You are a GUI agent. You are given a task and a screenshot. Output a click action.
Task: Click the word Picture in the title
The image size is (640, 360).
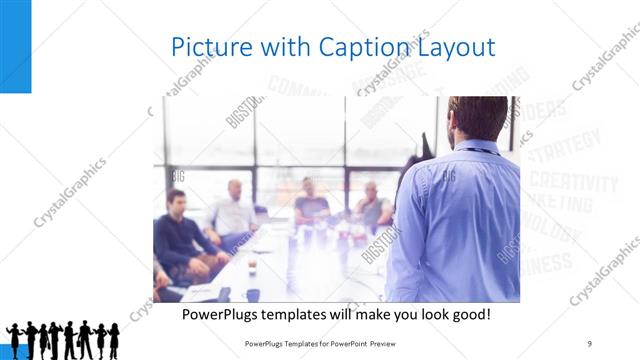207,47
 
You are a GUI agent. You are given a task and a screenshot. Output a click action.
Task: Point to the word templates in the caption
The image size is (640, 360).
312,314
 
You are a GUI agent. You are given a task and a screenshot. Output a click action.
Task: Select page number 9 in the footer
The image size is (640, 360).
590,344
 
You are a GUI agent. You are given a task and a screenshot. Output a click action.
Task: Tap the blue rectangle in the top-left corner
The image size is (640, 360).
15,46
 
